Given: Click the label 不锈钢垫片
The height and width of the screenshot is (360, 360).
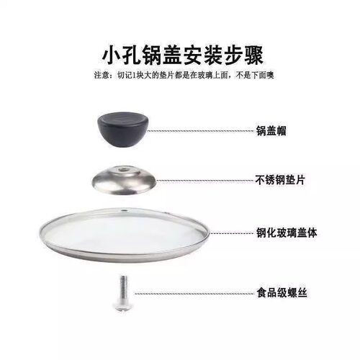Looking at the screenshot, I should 280,180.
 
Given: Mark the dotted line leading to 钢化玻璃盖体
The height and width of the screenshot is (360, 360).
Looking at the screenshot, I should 230,233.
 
